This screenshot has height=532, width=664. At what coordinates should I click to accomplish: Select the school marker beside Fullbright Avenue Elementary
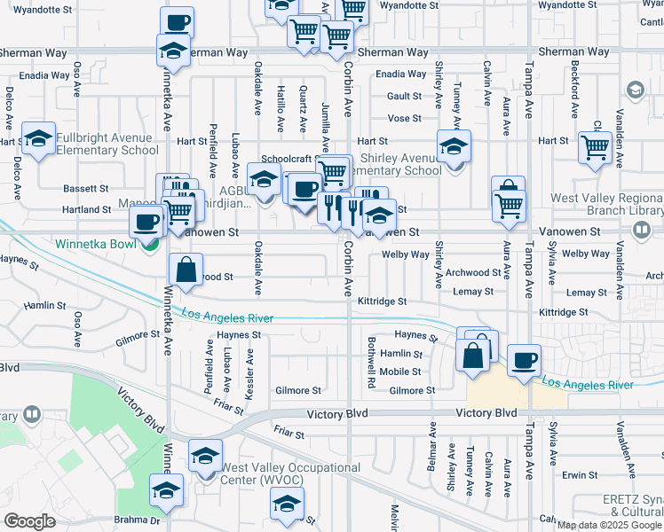pos(38,138)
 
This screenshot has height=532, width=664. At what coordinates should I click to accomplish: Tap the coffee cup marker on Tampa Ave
pos(525,359)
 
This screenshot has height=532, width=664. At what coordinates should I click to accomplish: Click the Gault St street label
pos(404,96)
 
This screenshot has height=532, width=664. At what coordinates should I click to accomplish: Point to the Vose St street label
pos(404,118)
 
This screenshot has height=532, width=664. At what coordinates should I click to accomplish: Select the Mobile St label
pos(400,372)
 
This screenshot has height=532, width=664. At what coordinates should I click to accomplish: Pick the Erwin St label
pos(580,475)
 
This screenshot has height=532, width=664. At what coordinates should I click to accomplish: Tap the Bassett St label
pos(86,189)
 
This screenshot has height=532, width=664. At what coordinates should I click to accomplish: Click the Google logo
pos(29,520)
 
